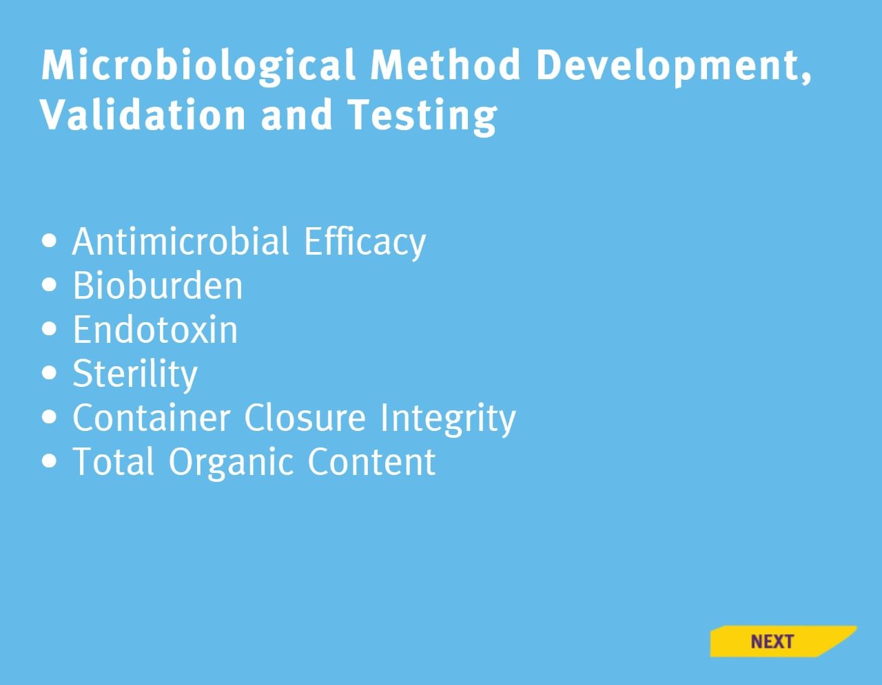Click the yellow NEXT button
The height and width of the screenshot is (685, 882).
point(783,641)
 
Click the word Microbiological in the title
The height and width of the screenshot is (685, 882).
point(198,65)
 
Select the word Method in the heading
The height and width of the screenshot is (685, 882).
point(445,65)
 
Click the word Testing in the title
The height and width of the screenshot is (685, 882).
point(422,116)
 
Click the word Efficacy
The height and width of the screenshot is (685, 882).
point(365,242)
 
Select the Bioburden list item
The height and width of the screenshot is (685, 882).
point(158,285)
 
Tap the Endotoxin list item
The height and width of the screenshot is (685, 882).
point(155,329)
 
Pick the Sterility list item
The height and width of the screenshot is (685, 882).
point(135,375)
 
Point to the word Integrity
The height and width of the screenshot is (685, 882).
point(448,419)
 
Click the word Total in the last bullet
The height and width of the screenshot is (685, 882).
point(113,461)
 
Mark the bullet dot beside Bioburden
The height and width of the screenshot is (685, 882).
point(49,284)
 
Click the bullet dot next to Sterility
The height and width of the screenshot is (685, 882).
point(49,372)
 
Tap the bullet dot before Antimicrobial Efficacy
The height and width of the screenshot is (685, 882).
point(49,240)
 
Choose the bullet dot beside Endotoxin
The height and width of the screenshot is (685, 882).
point(49,328)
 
